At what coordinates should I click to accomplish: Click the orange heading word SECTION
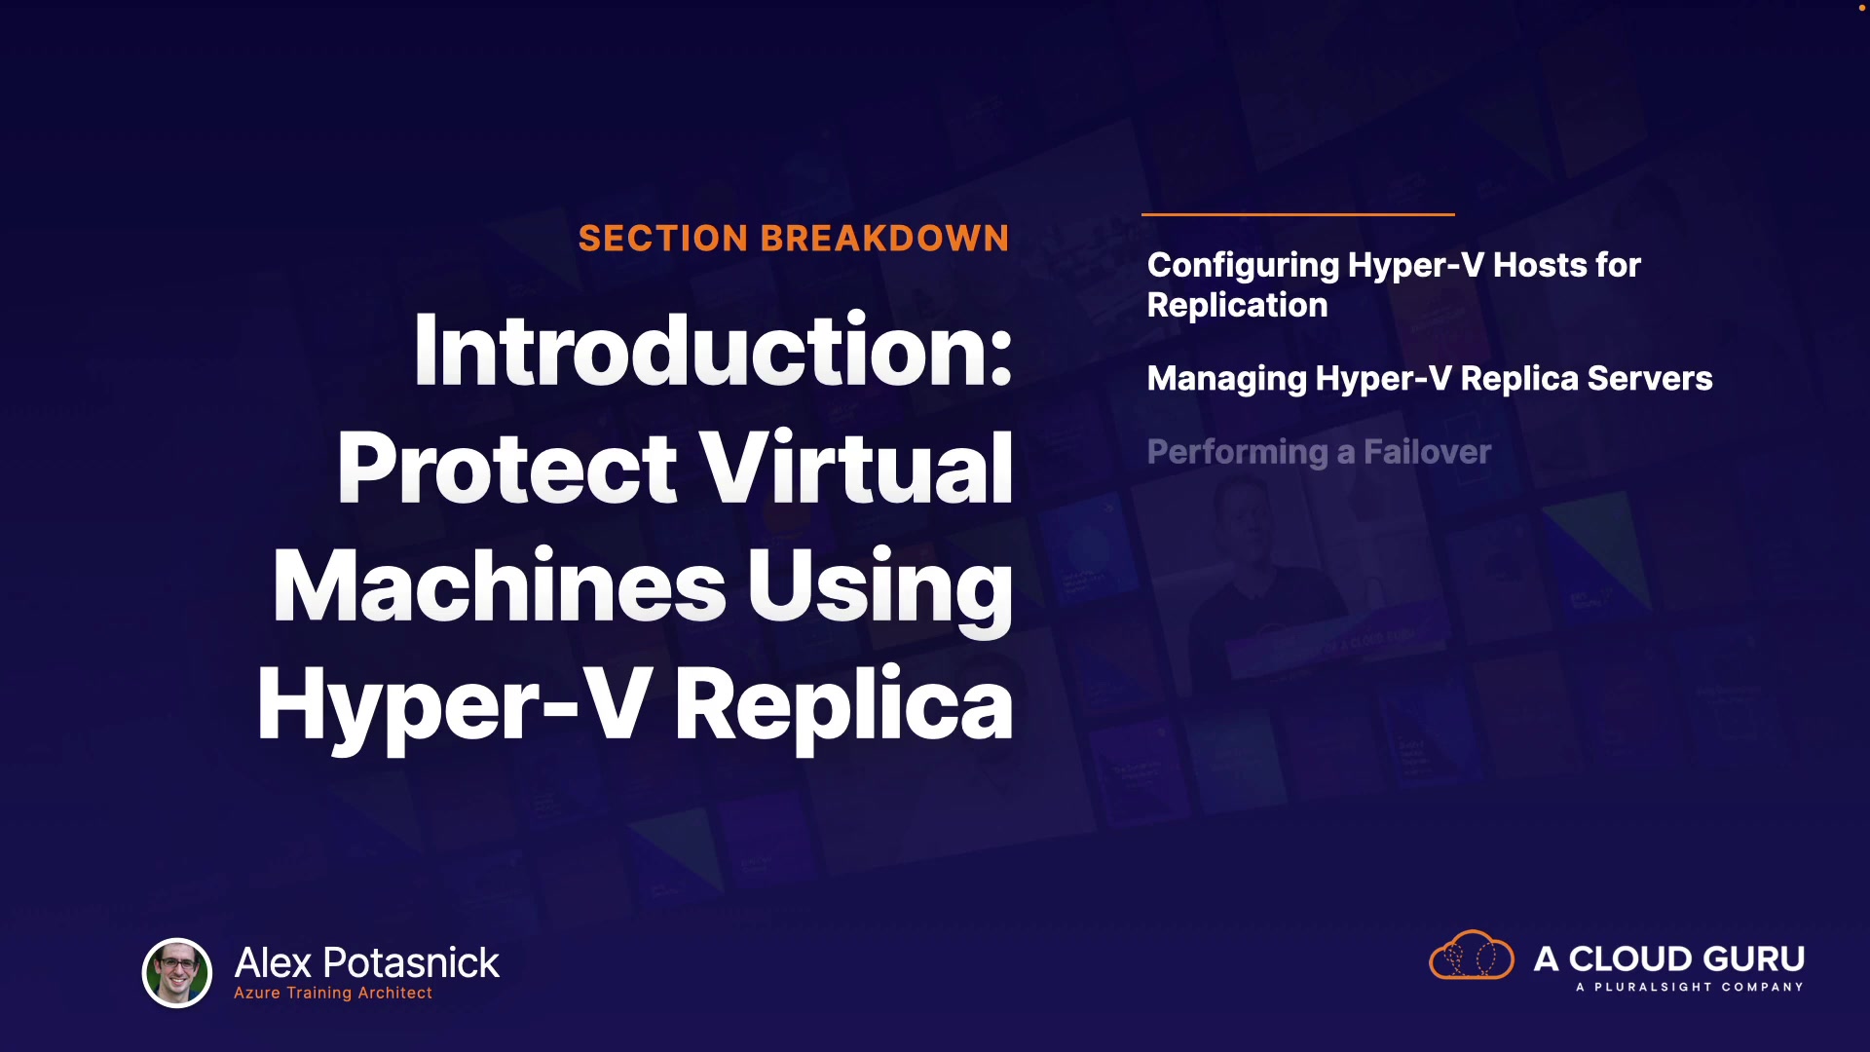[663, 239]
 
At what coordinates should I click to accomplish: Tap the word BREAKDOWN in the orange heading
[885, 239]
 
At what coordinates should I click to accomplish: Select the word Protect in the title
[506, 469]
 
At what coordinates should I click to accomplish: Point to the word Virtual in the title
[857, 469]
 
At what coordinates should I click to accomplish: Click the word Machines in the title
[500, 585]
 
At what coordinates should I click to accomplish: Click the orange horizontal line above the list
[1298, 214]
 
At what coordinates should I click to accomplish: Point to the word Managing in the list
[1227, 380]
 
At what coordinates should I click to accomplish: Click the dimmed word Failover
[1427, 452]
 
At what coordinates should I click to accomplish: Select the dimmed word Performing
[1237, 453]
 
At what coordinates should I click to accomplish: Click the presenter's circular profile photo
[177, 972]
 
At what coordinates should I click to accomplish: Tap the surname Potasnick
[411, 962]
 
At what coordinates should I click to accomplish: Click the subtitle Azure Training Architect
[333, 994]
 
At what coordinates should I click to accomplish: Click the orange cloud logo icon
[1471, 955]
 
